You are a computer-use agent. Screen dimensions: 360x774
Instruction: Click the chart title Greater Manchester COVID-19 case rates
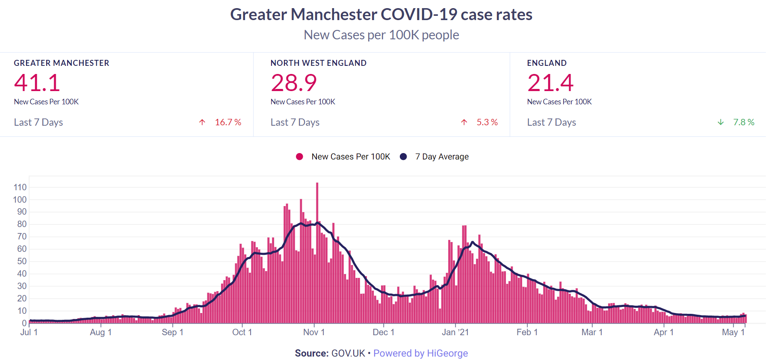click(x=381, y=15)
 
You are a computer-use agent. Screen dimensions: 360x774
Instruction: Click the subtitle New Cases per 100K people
click(x=381, y=35)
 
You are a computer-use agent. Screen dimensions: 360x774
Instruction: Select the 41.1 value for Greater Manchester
click(x=37, y=83)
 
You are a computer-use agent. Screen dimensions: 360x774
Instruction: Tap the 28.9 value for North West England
click(x=294, y=83)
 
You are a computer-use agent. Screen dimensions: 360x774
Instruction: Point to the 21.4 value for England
click(x=550, y=83)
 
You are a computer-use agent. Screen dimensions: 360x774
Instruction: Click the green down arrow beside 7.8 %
click(x=721, y=122)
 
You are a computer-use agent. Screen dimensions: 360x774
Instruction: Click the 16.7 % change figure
click(x=228, y=122)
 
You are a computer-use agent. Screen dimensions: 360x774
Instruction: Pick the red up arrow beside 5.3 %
click(x=464, y=122)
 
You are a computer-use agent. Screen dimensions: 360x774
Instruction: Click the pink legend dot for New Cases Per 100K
click(x=299, y=157)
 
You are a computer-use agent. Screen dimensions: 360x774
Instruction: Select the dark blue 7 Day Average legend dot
click(x=403, y=157)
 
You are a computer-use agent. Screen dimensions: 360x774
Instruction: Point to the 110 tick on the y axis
click(x=20, y=187)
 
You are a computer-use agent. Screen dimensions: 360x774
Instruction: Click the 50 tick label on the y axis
click(x=22, y=261)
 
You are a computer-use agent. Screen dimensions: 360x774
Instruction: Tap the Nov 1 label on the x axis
click(x=314, y=332)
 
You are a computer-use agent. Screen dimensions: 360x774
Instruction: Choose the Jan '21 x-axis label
click(x=455, y=332)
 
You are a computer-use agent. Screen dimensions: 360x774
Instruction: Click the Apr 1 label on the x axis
click(x=664, y=332)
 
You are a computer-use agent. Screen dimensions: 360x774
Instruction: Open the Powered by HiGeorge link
click(x=420, y=353)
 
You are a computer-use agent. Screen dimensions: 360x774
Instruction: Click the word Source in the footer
click(x=311, y=353)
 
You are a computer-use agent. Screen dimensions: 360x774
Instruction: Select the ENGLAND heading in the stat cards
click(x=547, y=63)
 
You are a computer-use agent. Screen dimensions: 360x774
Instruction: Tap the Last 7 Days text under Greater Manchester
click(x=38, y=122)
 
